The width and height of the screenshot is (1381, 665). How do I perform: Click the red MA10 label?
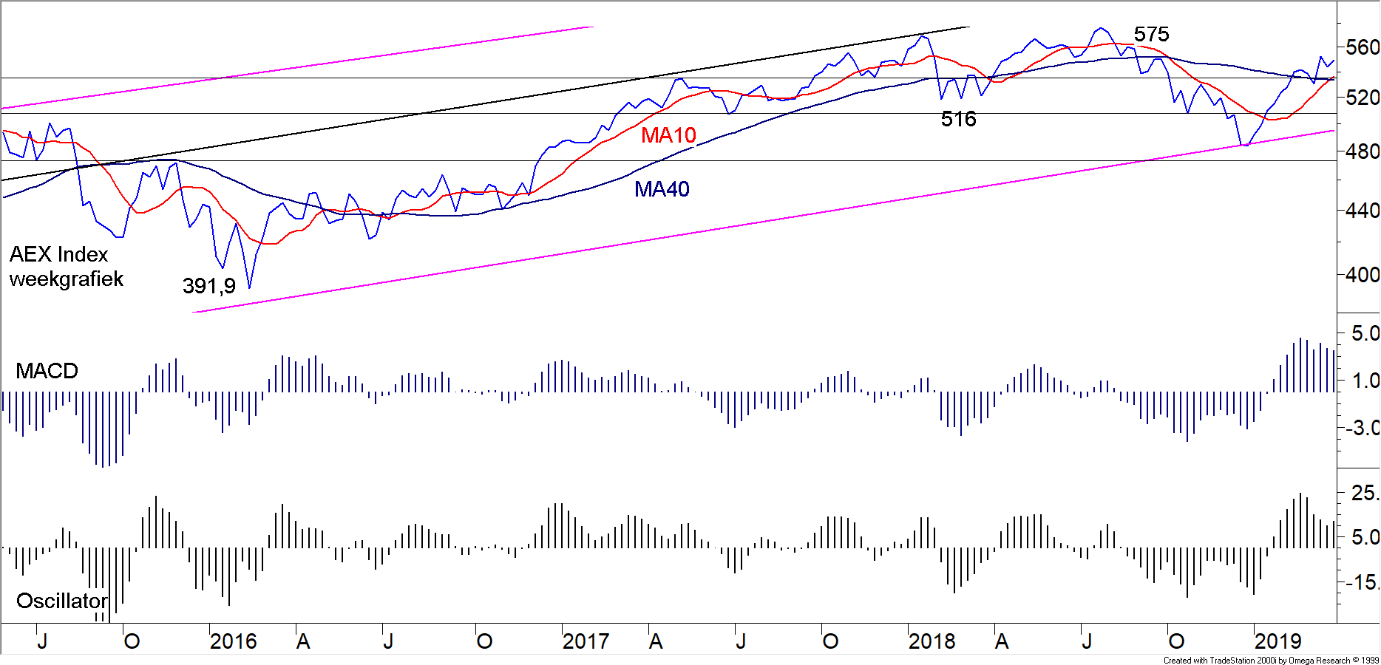(668, 135)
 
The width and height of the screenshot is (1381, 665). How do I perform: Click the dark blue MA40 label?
(662, 189)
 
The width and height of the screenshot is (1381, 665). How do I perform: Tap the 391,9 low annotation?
(208, 286)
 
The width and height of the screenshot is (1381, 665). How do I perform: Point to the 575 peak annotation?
(1151, 34)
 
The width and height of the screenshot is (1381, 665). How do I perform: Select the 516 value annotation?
(958, 119)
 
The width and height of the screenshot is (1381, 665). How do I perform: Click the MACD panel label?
(47, 371)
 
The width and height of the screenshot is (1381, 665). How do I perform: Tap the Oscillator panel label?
(62, 601)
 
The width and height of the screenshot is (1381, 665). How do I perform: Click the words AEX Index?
(58, 254)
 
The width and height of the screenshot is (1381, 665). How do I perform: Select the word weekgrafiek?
(66, 279)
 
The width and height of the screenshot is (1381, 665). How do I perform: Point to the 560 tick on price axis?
(1362, 48)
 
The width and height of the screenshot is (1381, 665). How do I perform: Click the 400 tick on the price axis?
(1362, 275)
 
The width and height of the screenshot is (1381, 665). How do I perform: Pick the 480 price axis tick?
(1362, 151)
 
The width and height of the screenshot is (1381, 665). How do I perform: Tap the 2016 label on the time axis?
(233, 641)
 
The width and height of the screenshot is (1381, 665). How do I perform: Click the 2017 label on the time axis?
(586, 641)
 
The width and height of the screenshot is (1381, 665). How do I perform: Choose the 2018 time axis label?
(932, 641)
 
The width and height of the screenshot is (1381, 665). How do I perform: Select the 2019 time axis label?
(1277, 641)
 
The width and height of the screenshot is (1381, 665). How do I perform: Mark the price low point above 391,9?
(250, 287)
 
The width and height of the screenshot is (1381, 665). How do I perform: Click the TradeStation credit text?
(1270, 661)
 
